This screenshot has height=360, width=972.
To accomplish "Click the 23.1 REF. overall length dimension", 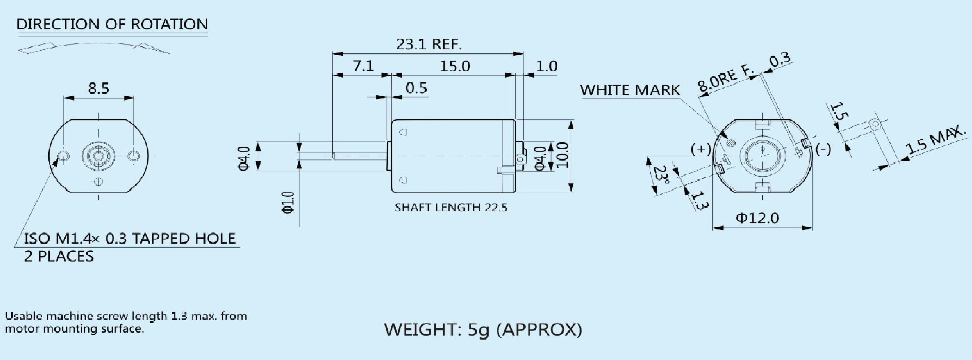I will pos(429,44).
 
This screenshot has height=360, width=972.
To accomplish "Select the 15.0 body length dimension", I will pos(455,66).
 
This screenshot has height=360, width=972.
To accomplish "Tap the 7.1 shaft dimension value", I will pos(363,66).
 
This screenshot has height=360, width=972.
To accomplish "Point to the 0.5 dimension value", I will pos(416,88).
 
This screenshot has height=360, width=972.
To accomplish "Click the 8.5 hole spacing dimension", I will pos(98,88).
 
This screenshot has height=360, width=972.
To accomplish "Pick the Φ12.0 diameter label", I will pos(757,218).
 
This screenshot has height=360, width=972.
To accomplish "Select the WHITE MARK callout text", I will pos(630,90).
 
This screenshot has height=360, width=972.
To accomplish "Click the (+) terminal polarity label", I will pos(701,149).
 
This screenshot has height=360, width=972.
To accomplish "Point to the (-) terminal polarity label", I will pos(823,150).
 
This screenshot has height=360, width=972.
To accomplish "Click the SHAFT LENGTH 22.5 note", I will pos(450,208).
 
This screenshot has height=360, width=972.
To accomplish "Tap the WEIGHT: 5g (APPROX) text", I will pos(483,329).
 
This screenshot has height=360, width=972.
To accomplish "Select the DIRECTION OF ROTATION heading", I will pos(112,24).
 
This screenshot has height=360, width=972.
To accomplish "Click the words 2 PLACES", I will pos(59,257).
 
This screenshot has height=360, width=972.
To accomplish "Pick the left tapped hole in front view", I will pos(64,155).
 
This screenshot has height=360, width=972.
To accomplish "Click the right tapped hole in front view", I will pos(133,155).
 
